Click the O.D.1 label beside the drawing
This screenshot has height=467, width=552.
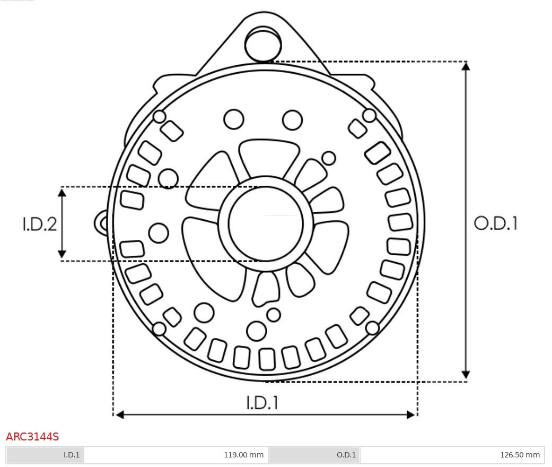[x=495, y=223]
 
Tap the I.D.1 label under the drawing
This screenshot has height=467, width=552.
[x=262, y=403]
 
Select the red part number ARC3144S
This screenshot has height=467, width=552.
[x=32, y=437]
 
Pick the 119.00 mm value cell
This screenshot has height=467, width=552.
[x=176, y=455]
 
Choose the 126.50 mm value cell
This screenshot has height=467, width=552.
[x=451, y=455]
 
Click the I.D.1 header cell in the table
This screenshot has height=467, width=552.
[x=45, y=455]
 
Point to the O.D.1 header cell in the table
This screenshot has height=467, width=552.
[x=314, y=455]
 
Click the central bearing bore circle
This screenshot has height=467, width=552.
[x=266, y=224]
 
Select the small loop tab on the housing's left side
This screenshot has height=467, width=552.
[x=101, y=223]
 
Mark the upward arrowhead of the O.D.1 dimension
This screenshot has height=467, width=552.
[x=466, y=66]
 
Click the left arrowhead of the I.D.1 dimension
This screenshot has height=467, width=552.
[x=119, y=414]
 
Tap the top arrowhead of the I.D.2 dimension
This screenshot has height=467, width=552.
[x=62, y=192]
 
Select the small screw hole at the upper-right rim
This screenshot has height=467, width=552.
[x=370, y=115]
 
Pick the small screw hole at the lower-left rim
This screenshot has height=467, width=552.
[x=159, y=329]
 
